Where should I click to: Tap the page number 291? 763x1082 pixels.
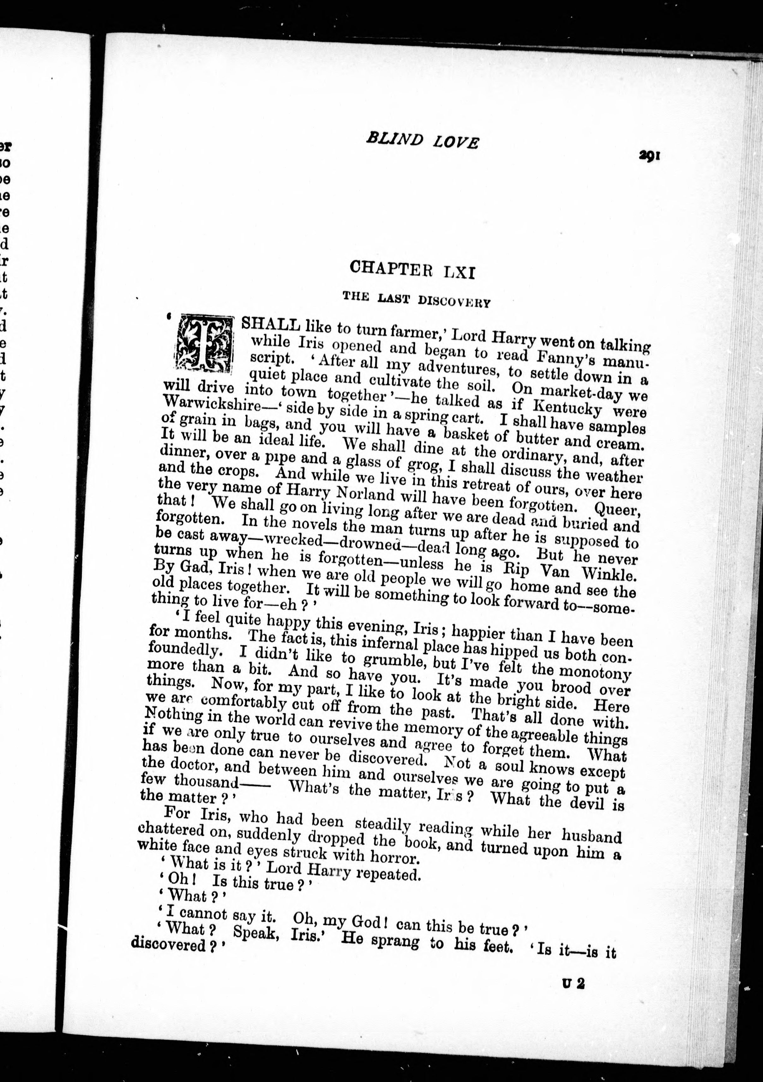[x=649, y=156]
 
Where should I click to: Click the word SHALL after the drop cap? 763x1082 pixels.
[x=270, y=325]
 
